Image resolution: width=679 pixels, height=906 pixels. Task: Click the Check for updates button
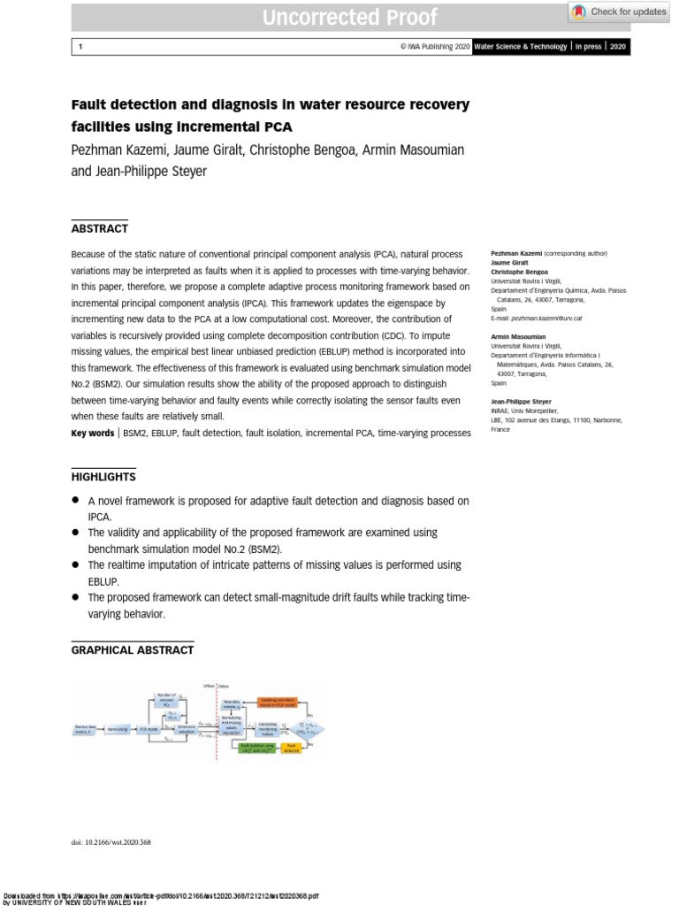619,12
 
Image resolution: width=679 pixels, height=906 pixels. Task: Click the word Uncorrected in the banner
314,17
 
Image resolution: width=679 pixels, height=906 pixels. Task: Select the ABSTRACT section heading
99,228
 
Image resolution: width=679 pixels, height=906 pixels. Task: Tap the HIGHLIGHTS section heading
103,477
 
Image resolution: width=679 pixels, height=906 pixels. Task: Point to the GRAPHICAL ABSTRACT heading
132,650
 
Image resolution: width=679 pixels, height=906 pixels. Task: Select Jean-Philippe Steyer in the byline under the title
152,171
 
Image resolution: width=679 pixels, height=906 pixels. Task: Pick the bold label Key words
92,433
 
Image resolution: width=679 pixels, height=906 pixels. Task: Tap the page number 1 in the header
80,47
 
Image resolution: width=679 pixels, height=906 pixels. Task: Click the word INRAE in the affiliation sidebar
500,411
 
